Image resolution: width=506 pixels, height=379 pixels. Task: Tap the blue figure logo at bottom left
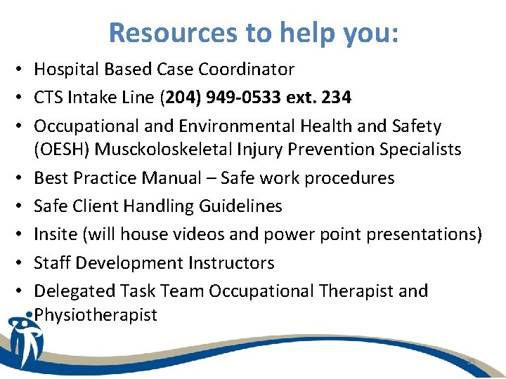(x=25, y=340)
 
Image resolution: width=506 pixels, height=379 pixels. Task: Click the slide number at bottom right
(x=472, y=361)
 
